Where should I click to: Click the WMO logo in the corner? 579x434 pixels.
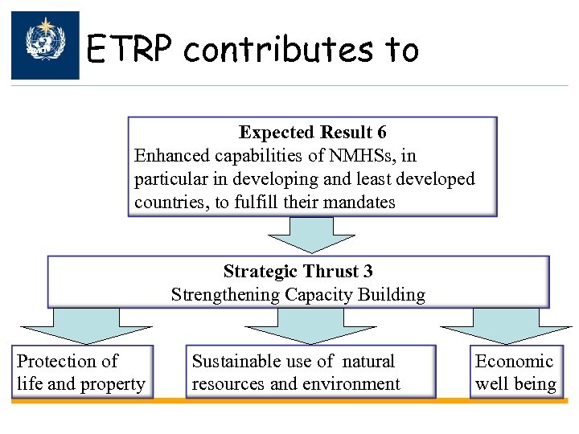pyautogui.click(x=45, y=45)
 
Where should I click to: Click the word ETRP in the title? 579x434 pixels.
pyautogui.click(x=128, y=51)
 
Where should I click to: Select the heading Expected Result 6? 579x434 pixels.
pyautogui.click(x=312, y=133)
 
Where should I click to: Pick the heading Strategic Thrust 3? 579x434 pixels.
pyautogui.click(x=298, y=272)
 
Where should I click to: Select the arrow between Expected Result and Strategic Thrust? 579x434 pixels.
pyautogui.click(x=300, y=234)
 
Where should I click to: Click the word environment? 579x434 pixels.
pyautogui.click(x=352, y=384)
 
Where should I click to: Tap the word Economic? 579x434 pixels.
pyautogui.click(x=515, y=362)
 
